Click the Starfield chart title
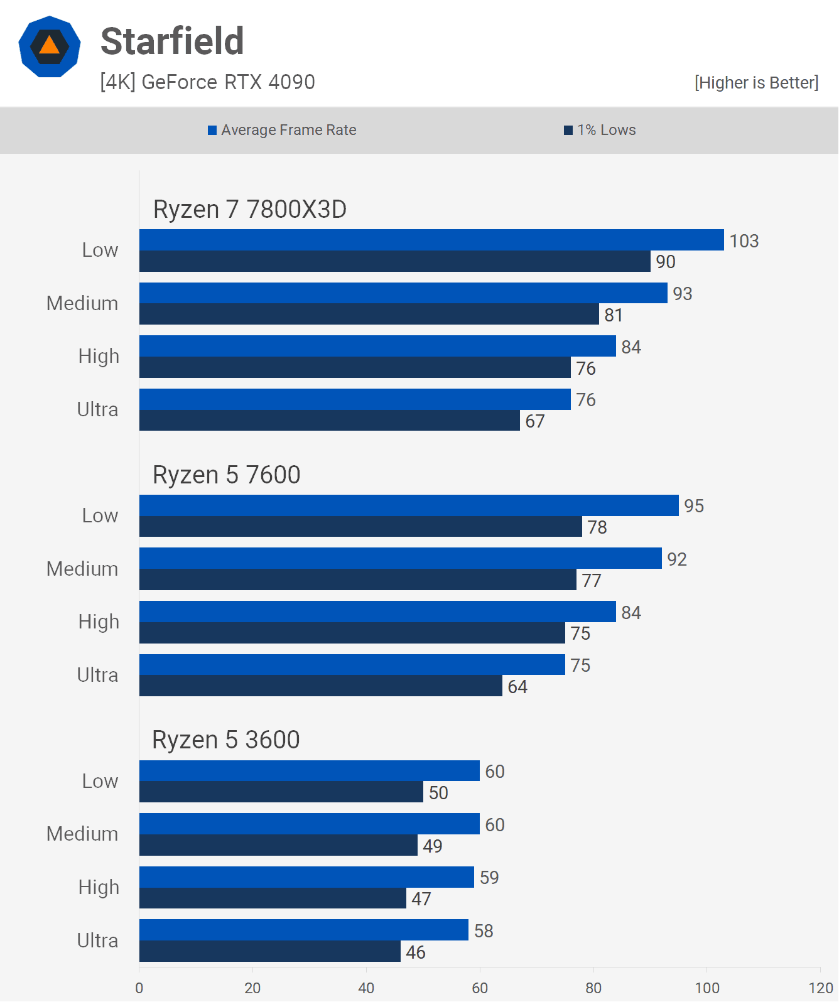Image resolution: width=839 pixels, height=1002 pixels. pyautogui.click(x=172, y=41)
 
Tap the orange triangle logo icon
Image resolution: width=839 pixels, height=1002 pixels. pyautogui.click(x=50, y=46)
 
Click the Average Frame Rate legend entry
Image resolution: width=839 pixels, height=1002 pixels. pyautogui.click(x=282, y=130)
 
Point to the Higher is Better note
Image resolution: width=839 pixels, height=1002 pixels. pyautogui.click(x=756, y=83)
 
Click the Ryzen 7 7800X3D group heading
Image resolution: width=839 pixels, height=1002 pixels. pyautogui.click(x=249, y=209)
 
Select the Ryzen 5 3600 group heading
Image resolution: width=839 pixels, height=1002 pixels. pyautogui.click(x=225, y=740)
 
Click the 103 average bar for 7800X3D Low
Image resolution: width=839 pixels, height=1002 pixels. pyautogui.click(x=431, y=240)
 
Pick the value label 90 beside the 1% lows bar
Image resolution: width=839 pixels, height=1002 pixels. pyautogui.click(x=666, y=262)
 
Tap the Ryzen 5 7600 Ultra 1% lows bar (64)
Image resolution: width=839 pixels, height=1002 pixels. pyautogui.click(x=320, y=686)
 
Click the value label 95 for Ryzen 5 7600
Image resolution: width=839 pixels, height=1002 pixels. pyautogui.click(x=694, y=506)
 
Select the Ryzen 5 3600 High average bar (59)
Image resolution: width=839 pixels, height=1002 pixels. pyautogui.click(x=306, y=877)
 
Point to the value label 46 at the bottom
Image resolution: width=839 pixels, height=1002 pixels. pyautogui.click(x=415, y=952)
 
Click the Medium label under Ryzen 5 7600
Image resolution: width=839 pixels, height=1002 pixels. pyautogui.click(x=82, y=569)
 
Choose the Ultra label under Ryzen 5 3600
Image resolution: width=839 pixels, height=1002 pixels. pyautogui.click(x=97, y=940)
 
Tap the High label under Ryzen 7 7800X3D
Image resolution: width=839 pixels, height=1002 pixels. pyautogui.click(x=99, y=356)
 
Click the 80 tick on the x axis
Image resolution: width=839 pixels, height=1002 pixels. pyautogui.click(x=593, y=988)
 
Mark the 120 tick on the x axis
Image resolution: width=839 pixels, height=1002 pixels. pyautogui.click(x=820, y=988)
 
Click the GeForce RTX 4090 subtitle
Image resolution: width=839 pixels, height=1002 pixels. pyautogui.click(x=207, y=82)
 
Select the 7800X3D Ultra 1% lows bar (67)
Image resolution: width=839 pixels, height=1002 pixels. pyautogui.click(x=329, y=420)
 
